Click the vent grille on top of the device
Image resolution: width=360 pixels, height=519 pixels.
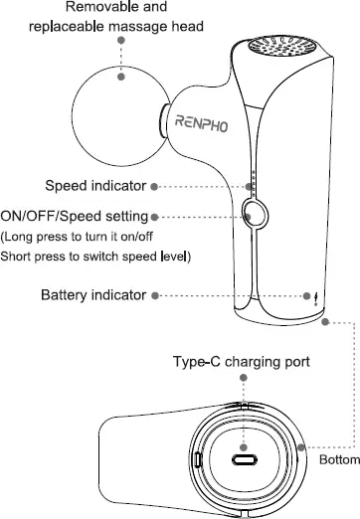(x=280, y=49)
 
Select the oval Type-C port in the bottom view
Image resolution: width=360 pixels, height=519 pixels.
(x=244, y=460)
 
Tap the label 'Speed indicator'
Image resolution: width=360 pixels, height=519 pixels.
(x=95, y=186)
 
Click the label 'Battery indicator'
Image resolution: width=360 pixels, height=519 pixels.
(x=93, y=295)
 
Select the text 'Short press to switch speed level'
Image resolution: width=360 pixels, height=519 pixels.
(x=96, y=258)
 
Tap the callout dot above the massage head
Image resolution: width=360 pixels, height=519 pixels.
(x=120, y=41)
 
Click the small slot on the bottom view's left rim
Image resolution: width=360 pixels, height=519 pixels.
(x=197, y=460)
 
